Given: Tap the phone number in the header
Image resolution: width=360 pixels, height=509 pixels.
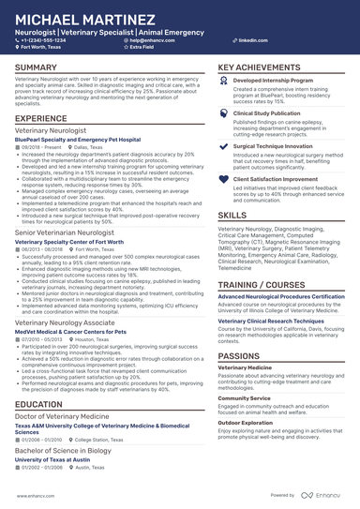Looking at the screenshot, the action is coord(46,41).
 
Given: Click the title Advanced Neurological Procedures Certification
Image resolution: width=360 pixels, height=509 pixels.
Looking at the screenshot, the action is coord(281,296).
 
